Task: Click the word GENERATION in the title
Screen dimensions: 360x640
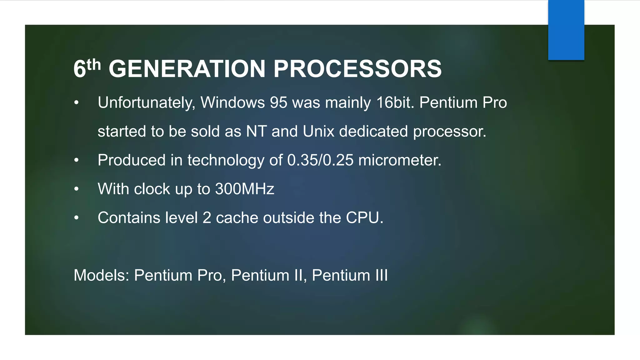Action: point(187,69)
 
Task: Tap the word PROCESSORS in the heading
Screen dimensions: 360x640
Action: point(357,69)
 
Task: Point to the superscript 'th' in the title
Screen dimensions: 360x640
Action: point(94,65)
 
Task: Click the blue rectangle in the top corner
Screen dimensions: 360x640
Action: point(566,30)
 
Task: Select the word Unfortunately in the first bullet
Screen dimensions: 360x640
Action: point(146,102)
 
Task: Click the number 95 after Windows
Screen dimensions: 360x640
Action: point(278,102)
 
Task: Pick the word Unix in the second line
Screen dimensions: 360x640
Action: point(318,131)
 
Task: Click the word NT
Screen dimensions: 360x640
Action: point(256,131)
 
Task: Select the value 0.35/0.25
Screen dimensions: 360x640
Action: point(320,160)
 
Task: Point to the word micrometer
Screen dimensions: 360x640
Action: point(399,160)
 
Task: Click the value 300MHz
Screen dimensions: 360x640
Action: point(245,189)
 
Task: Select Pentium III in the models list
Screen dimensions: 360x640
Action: point(350,275)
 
